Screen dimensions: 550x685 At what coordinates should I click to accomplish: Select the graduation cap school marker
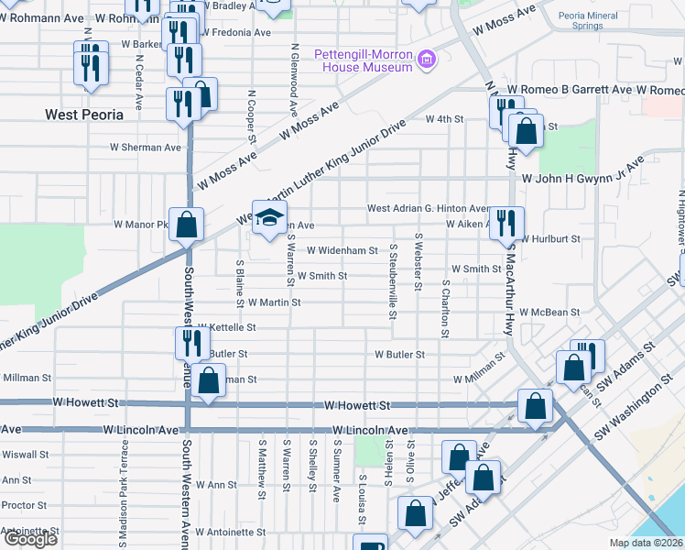(268, 217)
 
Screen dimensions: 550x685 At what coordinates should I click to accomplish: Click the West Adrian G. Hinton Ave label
(429, 209)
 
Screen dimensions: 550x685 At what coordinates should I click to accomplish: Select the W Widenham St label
(342, 249)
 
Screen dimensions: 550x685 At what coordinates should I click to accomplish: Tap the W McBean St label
(549, 312)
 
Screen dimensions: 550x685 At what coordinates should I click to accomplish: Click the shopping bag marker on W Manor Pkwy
(186, 224)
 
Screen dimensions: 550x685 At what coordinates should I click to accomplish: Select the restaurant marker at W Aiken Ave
(506, 222)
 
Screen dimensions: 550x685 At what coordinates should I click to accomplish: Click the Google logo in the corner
(30, 540)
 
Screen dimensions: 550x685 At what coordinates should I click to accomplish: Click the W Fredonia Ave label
(235, 32)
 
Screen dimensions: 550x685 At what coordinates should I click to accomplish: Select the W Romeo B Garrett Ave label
(569, 90)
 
